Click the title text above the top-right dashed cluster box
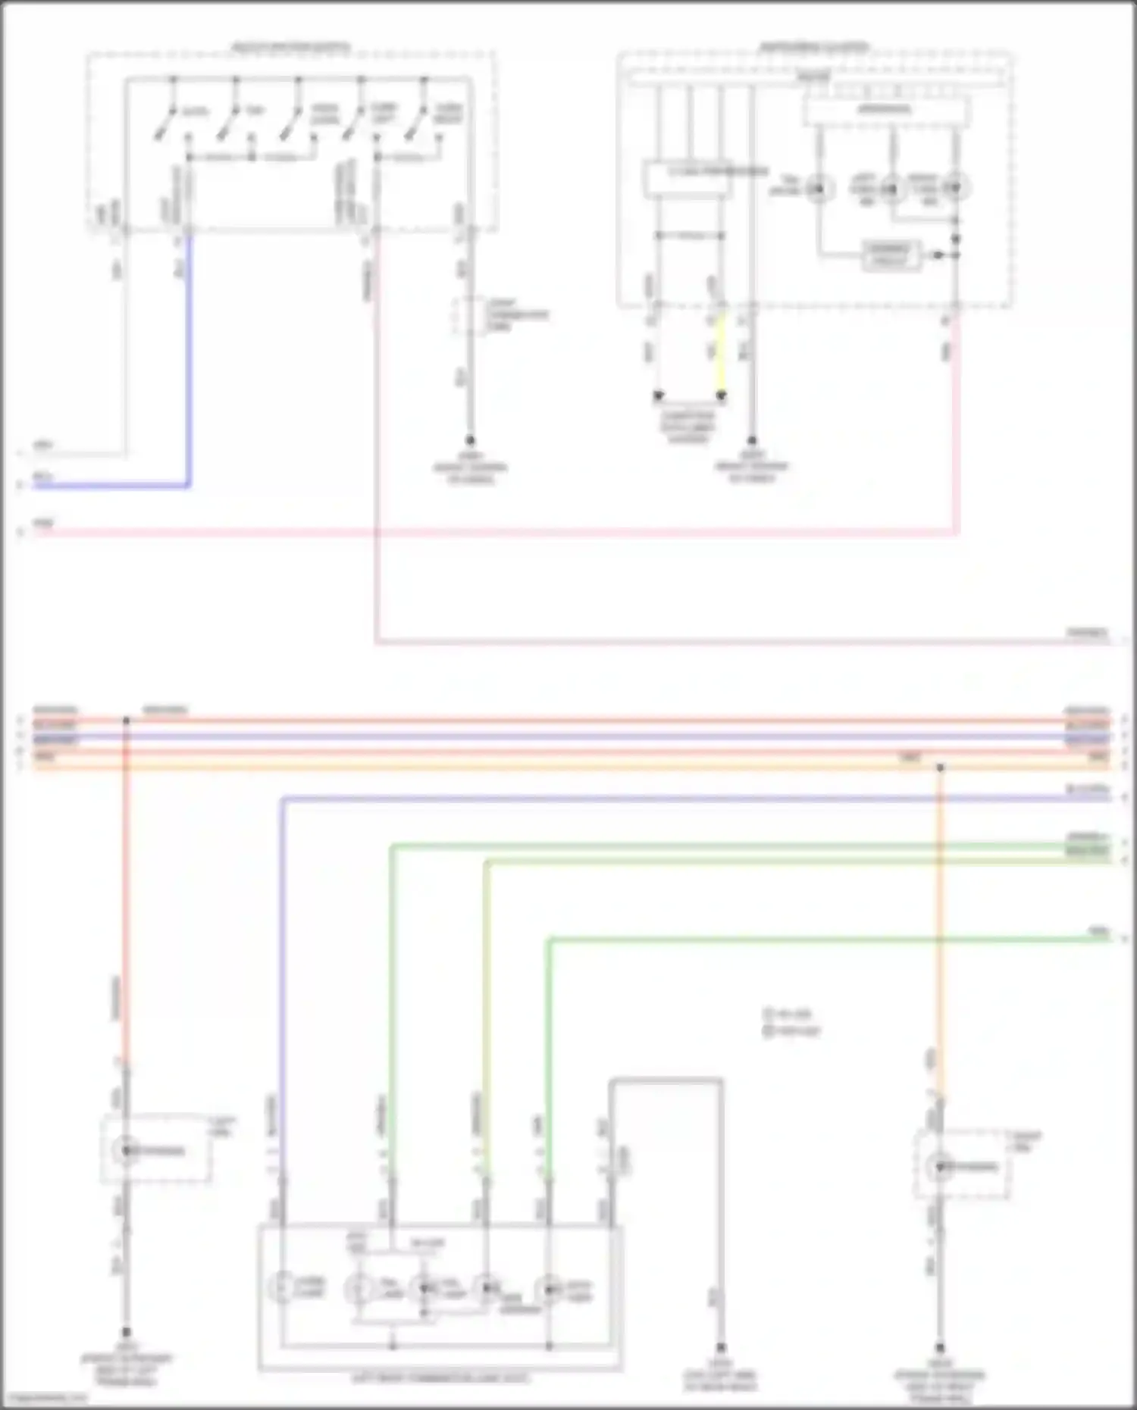coord(815,47)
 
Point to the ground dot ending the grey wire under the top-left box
coord(470,440)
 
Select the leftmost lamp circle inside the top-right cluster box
coord(818,187)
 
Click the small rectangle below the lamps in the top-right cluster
coord(892,255)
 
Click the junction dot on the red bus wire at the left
coord(126,720)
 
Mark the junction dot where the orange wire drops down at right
coord(940,768)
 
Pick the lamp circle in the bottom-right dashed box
coord(940,1166)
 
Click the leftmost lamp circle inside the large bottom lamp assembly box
coord(281,1287)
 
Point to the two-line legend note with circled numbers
coord(792,1022)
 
